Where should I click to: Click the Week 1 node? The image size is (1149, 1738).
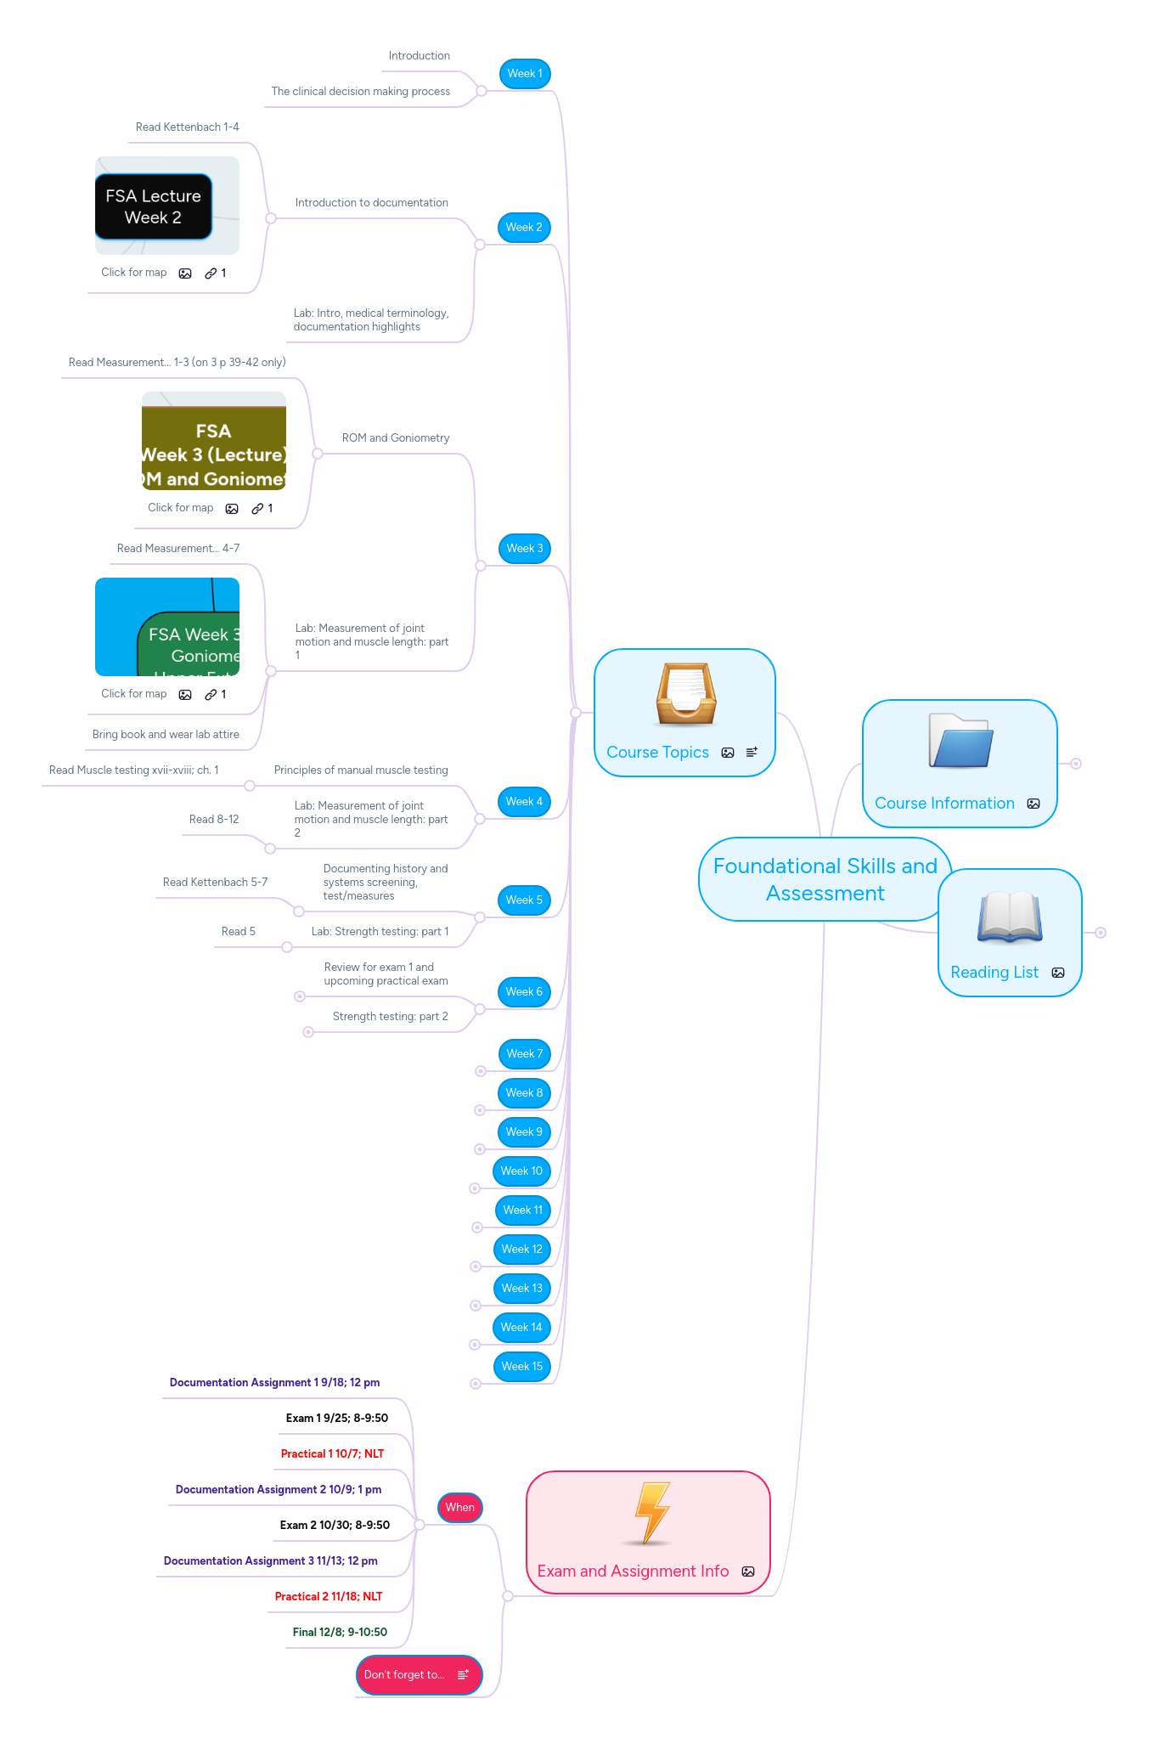click(x=525, y=74)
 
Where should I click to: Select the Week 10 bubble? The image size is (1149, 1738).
click(x=521, y=1171)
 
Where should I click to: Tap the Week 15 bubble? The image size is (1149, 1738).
click(x=521, y=1367)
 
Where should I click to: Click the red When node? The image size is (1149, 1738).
click(x=459, y=1508)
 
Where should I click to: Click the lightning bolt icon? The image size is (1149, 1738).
click(x=652, y=1513)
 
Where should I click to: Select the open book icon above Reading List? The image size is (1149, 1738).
click(x=1010, y=917)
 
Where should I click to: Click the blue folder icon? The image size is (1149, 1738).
click(x=960, y=742)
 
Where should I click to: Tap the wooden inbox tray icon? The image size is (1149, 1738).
click(x=685, y=694)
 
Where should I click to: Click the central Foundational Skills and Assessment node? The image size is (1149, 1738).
click(x=825, y=880)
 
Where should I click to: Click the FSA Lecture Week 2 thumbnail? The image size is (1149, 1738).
click(x=154, y=206)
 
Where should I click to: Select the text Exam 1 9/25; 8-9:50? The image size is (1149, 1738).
click(x=336, y=1419)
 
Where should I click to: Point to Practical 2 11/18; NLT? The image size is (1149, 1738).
click(x=329, y=1597)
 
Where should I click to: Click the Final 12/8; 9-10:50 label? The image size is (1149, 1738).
click(x=340, y=1633)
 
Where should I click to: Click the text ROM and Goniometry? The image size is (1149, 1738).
click(x=396, y=438)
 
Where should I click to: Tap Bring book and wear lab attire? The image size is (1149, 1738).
click(x=166, y=735)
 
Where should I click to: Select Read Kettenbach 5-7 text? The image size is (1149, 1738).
click(x=215, y=883)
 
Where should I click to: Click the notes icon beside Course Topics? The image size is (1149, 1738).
click(x=752, y=753)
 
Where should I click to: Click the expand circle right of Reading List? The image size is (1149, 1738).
click(x=1101, y=933)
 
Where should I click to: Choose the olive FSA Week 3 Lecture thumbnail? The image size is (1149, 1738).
click(x=214, y=442)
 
